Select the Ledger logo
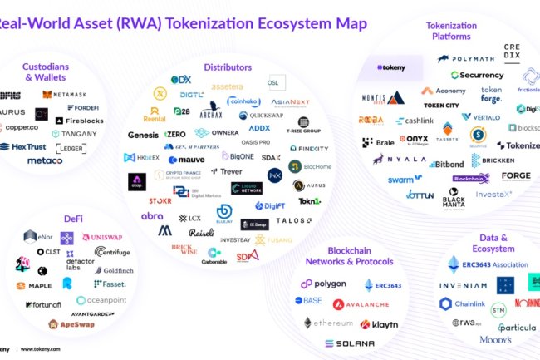pyautogui.click(x=71, y=148)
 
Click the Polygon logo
pyautogui.click(x=319, y=284)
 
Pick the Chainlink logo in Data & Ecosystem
pyautogui.click(x=462, y=304)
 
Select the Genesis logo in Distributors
pyautogui.click(x=143, y=135)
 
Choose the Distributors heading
pyautogui.click(x=232, y=66)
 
